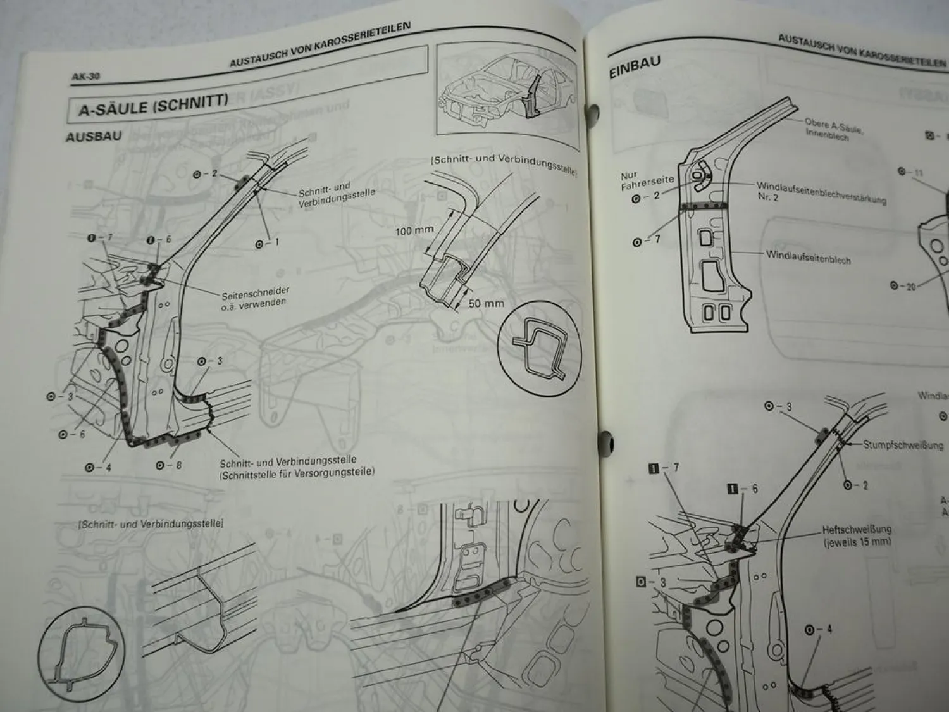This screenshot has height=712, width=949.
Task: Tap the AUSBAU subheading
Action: click(94, 136)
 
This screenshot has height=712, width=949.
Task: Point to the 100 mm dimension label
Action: click(414, 231)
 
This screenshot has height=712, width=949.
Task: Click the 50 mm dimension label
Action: click(486, 303)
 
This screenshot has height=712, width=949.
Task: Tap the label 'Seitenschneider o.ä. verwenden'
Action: click(255, 297)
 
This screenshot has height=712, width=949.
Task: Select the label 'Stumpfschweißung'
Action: click(903, 444)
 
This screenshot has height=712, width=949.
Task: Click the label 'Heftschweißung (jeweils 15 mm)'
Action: click(857, 535)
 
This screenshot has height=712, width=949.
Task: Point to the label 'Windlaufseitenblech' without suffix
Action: click(808, 257)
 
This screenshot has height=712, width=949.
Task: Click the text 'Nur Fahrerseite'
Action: click(647, 179)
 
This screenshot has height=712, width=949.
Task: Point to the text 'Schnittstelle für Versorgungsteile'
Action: click(297, 472)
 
